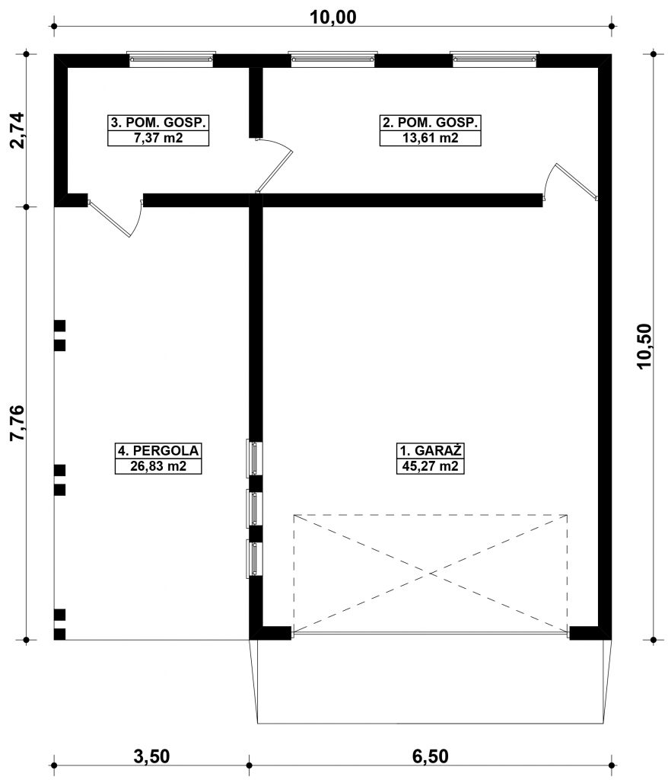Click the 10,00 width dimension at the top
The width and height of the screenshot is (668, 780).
click(333, 17)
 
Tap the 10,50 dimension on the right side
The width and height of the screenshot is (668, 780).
click(644, 346)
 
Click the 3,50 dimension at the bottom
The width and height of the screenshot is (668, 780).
click(151, 756)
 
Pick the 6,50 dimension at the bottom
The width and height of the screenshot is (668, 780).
click(431, 756)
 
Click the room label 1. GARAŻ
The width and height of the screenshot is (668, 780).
click(431, 451)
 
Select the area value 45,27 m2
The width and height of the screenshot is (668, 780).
click(431, 467)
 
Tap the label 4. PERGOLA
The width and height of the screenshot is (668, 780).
click(158, 451)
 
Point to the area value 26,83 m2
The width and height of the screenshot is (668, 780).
click(158, 467)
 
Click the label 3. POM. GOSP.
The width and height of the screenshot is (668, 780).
click(158, 123)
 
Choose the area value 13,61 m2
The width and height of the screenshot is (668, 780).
click(431, 138)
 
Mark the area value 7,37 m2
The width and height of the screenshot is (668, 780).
click(158, 138)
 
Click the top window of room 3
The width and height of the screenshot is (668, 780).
click(171, 59)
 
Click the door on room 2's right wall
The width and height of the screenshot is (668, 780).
click(571, 182)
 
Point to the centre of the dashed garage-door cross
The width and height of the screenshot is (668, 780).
click(431, 574)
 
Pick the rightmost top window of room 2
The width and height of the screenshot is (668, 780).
click(495, 59)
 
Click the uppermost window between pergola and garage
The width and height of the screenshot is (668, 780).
click(254, 459)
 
